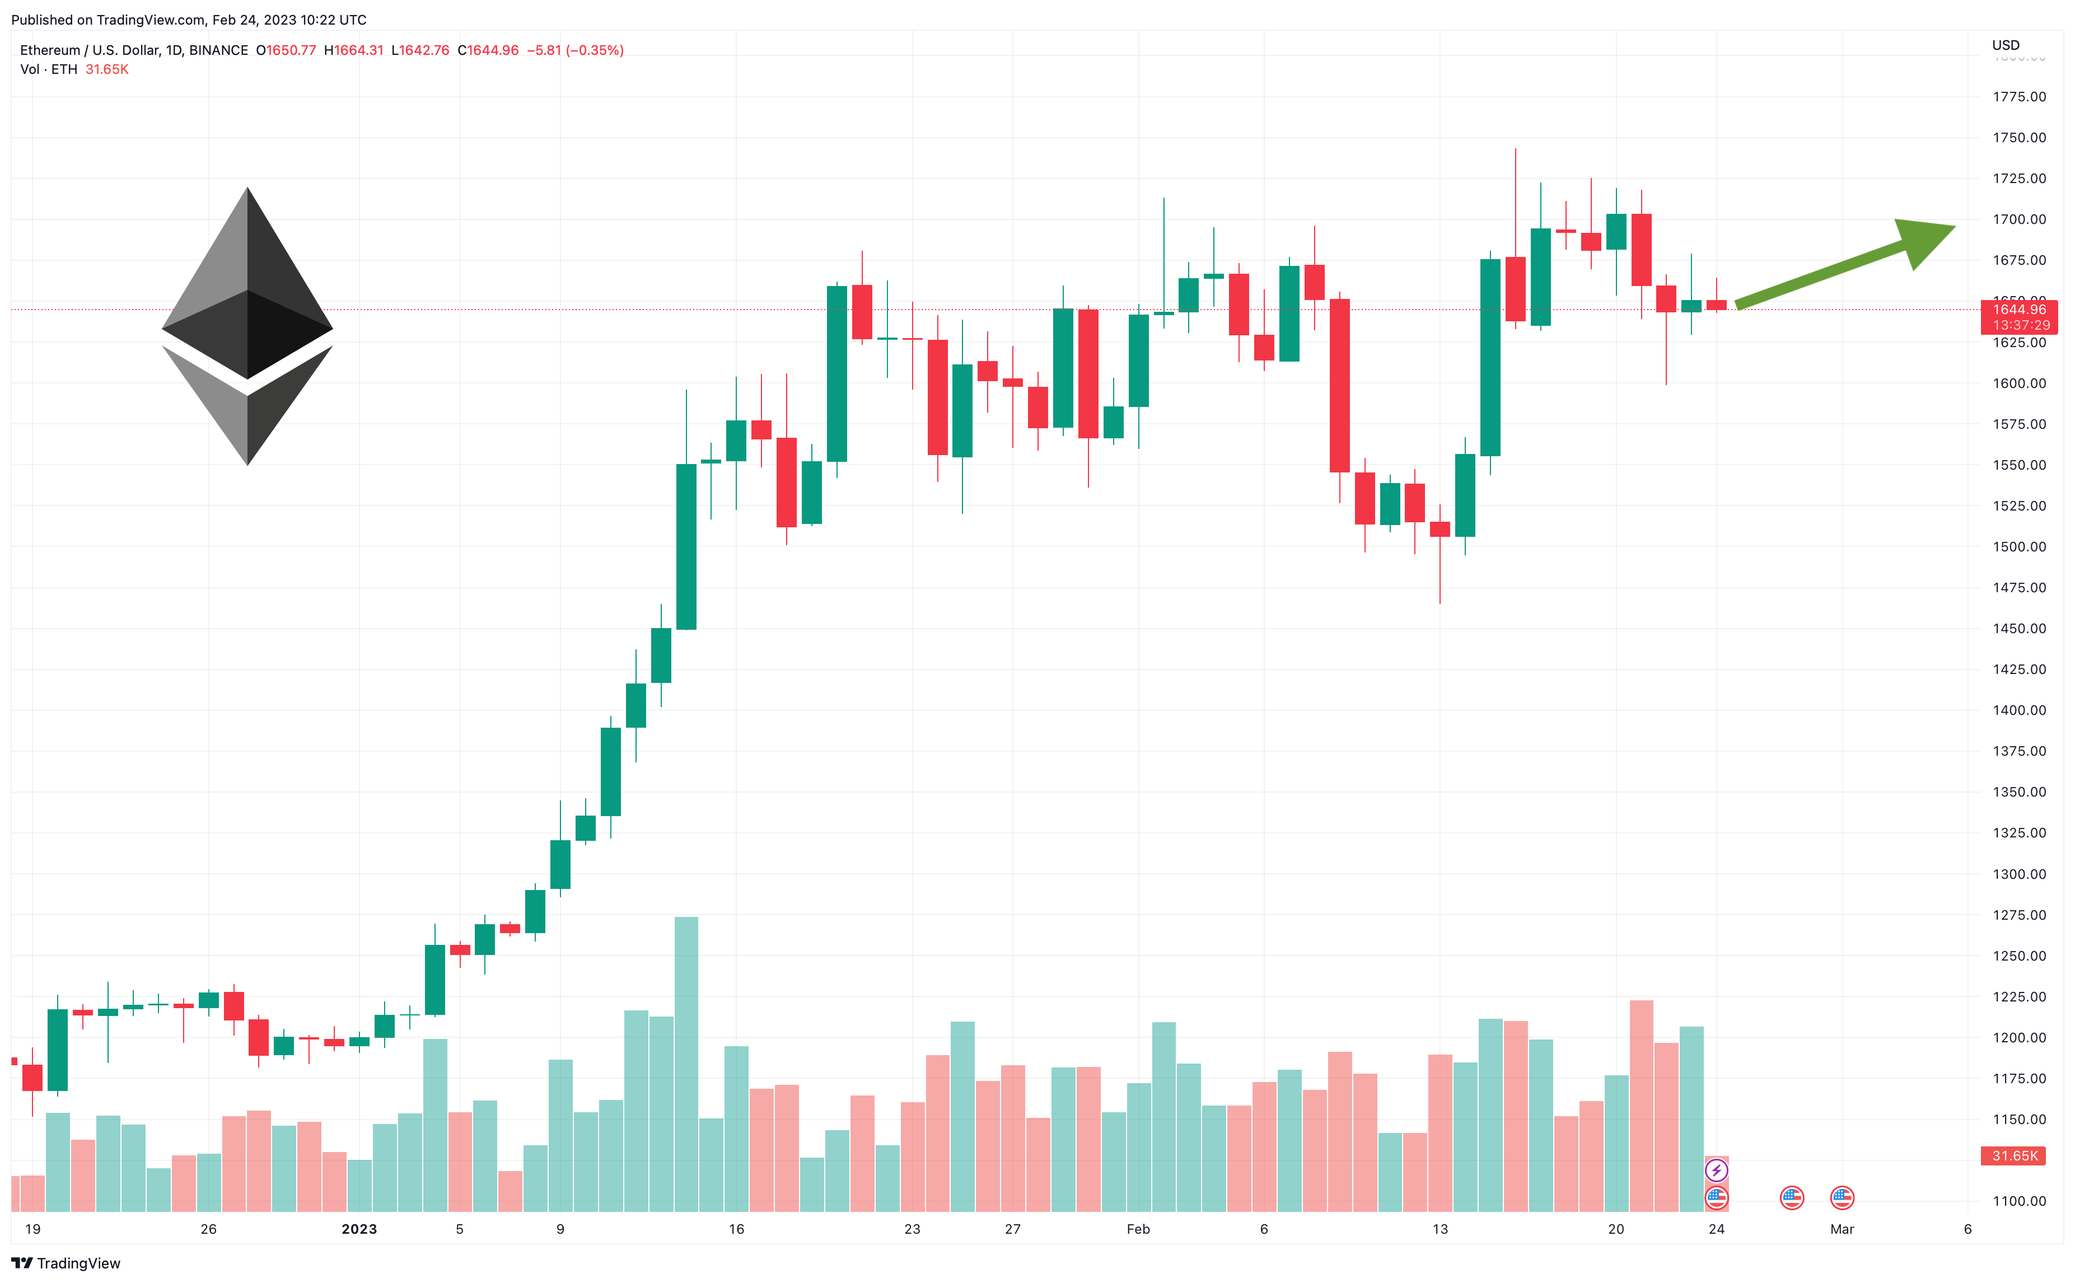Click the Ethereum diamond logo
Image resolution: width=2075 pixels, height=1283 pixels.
click(x=247, y=326)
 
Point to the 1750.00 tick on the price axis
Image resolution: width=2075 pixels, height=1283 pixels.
click(x=2019, y=138)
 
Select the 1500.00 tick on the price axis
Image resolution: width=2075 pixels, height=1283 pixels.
click(x=2019, y=546)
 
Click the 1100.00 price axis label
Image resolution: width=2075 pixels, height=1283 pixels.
click(x=2019, y=1201)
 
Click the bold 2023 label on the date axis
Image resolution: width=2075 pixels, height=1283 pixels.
click(x=359, y=1229)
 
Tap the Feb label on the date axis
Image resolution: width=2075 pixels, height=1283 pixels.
click(x=1138, y=1229)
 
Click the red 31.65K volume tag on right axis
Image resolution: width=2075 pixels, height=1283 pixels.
click(x=2015, y=1156)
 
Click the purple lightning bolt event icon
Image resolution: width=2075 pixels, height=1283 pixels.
click(x=1716, y=1171)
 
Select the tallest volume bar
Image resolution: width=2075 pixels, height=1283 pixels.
click(x=686, y=1064)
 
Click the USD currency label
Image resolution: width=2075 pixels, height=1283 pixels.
click(x=2006, y=45)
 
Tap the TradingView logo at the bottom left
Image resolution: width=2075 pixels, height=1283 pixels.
click(x=66, y=1263)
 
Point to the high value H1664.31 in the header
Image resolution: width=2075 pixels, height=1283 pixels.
click(x=354, y=50)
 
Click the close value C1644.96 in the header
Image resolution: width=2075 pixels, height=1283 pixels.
click(x=488, y=50)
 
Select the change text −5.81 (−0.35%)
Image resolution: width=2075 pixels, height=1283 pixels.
click(x=576, y=50)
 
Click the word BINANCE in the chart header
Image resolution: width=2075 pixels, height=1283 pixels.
click(x=218, y=50)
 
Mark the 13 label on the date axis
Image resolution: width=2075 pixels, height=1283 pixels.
click(x=1440, y=1229)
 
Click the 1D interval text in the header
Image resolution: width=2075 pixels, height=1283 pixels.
click(x=174, y=50)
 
